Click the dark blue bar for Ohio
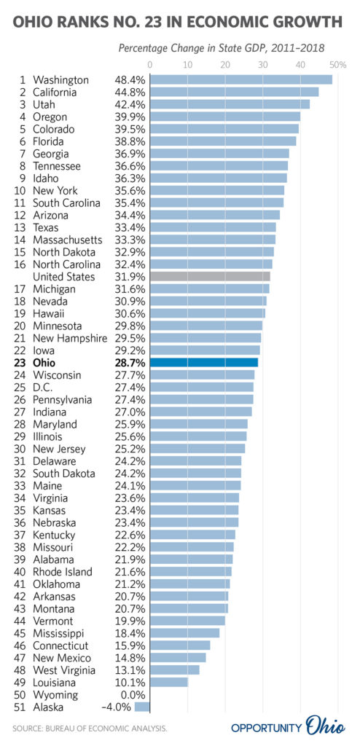point(204,363)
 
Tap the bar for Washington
point(241,79)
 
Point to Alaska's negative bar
point(142,707)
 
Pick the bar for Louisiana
point(169,682)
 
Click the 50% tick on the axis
point(339,65)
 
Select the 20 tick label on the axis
point(225,65)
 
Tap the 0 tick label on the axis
point(150,65)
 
